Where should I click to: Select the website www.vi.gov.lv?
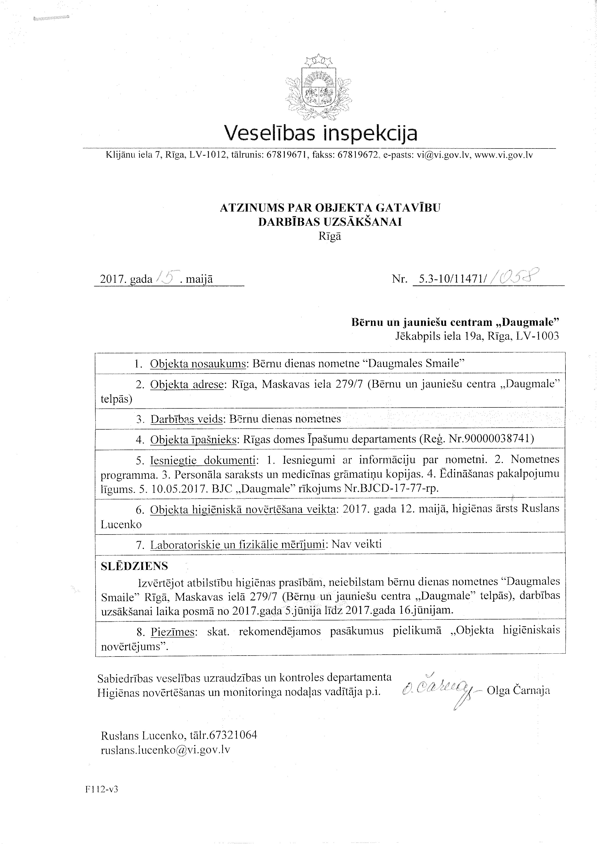[x=504, y=155]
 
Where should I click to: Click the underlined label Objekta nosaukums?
[x=198, y=364]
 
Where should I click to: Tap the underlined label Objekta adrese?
[x=187, y=384]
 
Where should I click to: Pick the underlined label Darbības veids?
[x=187, y=419]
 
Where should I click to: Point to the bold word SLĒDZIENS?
[x=134, y=566]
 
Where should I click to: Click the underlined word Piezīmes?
[x=172, y=631]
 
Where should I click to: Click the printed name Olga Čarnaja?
[x=518, y=690]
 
